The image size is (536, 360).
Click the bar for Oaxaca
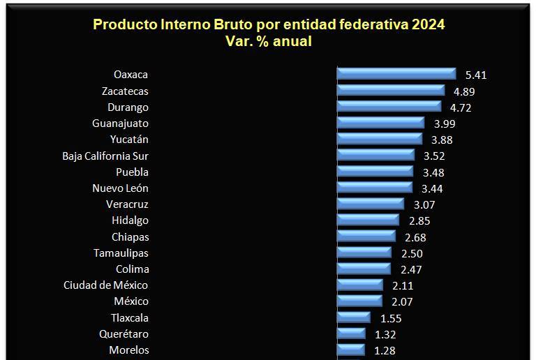coord(395,73)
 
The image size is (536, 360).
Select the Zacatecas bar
coord(390,90)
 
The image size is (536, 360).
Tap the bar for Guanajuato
coord(380,123)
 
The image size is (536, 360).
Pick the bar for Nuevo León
coord(375,188)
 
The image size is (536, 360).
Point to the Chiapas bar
coord(366,237)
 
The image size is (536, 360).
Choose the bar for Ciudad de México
coord(359,285)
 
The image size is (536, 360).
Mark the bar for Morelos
coord(351,350)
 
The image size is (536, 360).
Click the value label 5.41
coord(475,75)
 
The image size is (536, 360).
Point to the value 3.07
coord(425,204)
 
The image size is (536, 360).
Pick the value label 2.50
coord(412,253)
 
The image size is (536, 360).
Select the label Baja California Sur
coord(105,156)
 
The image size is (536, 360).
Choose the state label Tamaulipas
coord(121,253)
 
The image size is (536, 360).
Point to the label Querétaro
coord(124,333)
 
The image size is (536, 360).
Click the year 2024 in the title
coord(428,24)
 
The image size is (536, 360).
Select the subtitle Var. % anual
coord(269,41)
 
